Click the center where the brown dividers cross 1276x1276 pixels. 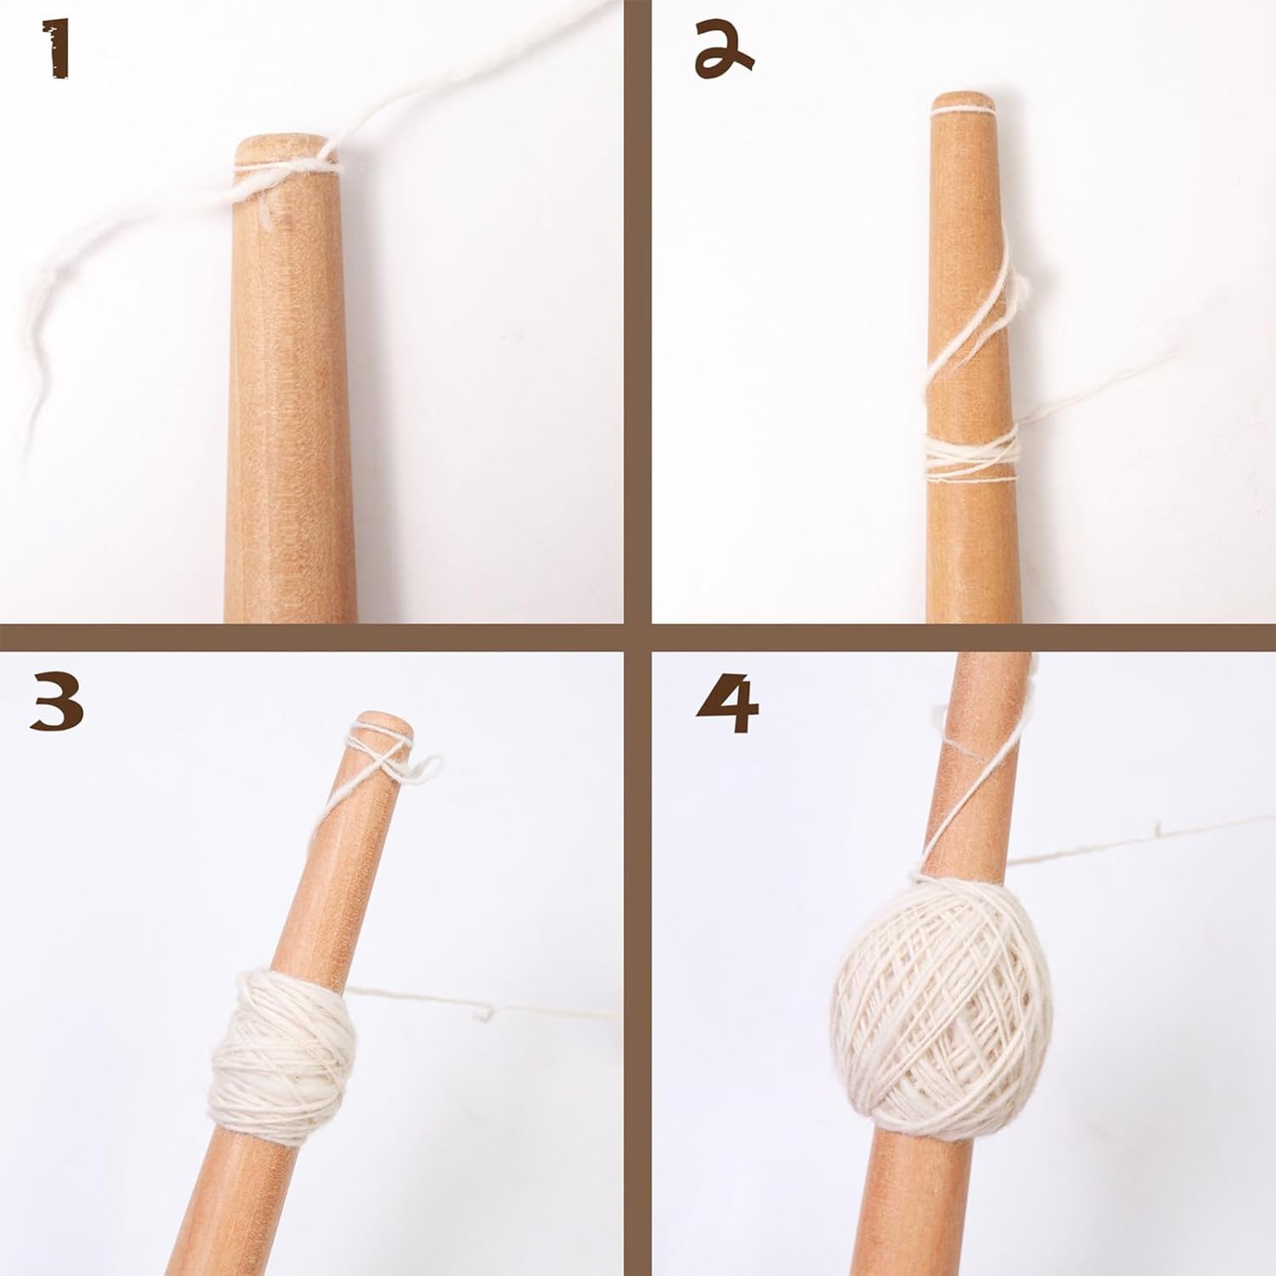coord(638,638)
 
